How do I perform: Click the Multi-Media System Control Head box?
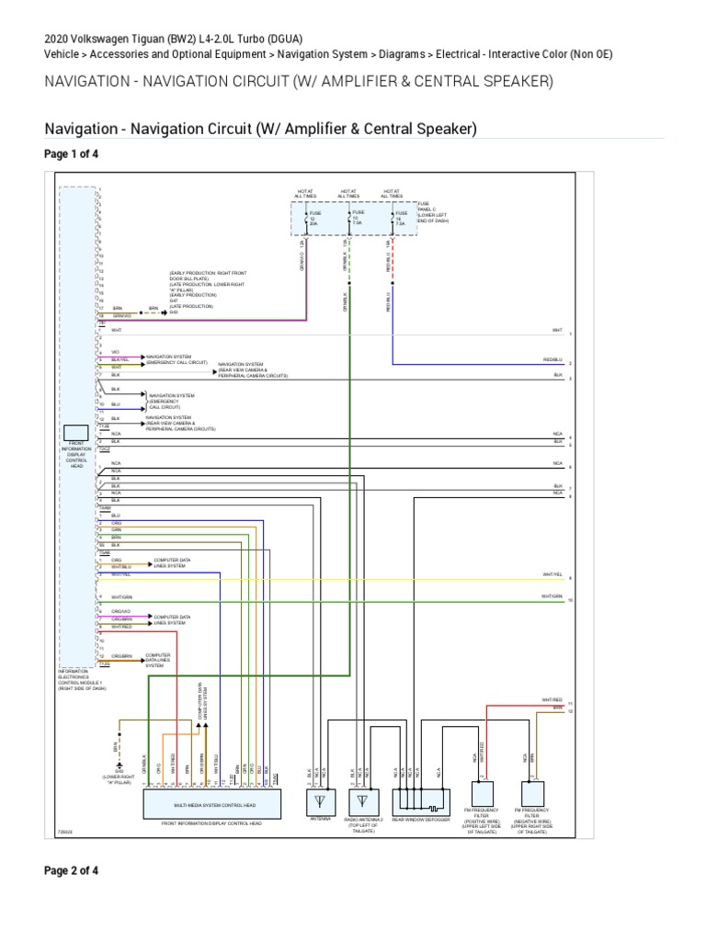click(x=213, y=804)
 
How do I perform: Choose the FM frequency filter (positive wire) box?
click(x=482, y=792)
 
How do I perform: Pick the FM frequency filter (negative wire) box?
click(x=531, y=792)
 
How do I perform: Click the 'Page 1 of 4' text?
click(x=72, y=154)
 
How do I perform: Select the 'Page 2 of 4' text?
click(x=72, y=870)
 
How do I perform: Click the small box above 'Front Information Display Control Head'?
click(x=76, y=432)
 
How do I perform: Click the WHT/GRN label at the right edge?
click(x=552, y=595)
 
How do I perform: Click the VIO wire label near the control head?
click(x=116, y=350)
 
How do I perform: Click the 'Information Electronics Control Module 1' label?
click(x=81, y=677)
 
